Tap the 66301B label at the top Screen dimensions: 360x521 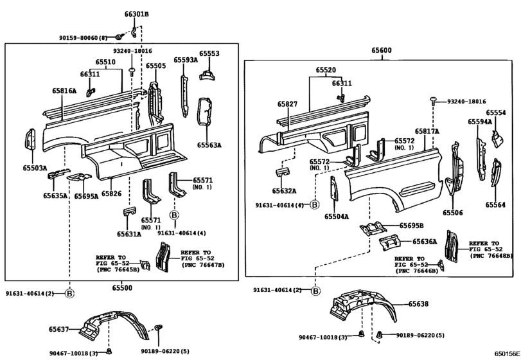(x=136, y=14)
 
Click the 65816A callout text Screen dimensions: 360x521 (x=56, y=91)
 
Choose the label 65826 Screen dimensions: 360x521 (x=111, y=194)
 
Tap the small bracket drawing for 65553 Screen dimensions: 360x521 (x=208, y=75)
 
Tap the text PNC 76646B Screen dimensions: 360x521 (x=416, y=271)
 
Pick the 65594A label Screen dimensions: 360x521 (x=479, y=121)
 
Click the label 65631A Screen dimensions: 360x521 (x=129, y=235)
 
